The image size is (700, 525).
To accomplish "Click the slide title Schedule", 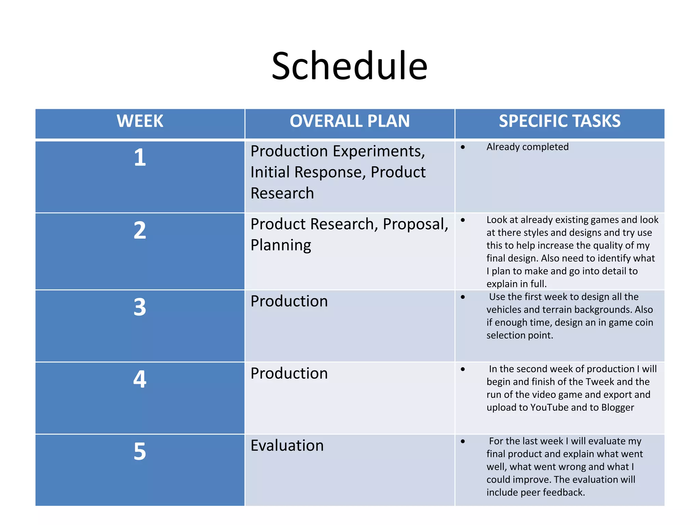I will click(x=349, y=66).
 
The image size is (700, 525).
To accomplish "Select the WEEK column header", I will click(x=140, y=121).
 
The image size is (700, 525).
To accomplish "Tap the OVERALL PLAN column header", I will click(x=350, y=121).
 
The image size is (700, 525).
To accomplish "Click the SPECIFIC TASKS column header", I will click(x=560, y=121).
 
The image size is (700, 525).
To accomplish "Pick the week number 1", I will click(x=140, y=158).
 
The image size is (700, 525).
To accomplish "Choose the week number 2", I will click(x=140, y=230).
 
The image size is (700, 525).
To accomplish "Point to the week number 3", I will click(x=140, y=307).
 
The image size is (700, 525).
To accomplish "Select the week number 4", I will click(x=140, y=379).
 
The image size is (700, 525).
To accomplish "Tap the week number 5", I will click(x=140, y=452).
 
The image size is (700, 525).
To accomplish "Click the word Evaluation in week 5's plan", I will click(x=287, y=446).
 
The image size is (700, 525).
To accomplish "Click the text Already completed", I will click(x=527, y=147).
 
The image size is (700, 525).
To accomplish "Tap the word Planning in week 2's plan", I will click(x=281, y=245).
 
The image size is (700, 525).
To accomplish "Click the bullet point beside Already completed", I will click(x=463, y=147).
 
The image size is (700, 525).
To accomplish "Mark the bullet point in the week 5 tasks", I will click(x=463, y=442).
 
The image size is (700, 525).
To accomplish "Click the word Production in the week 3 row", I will click(x=289, y=301).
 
